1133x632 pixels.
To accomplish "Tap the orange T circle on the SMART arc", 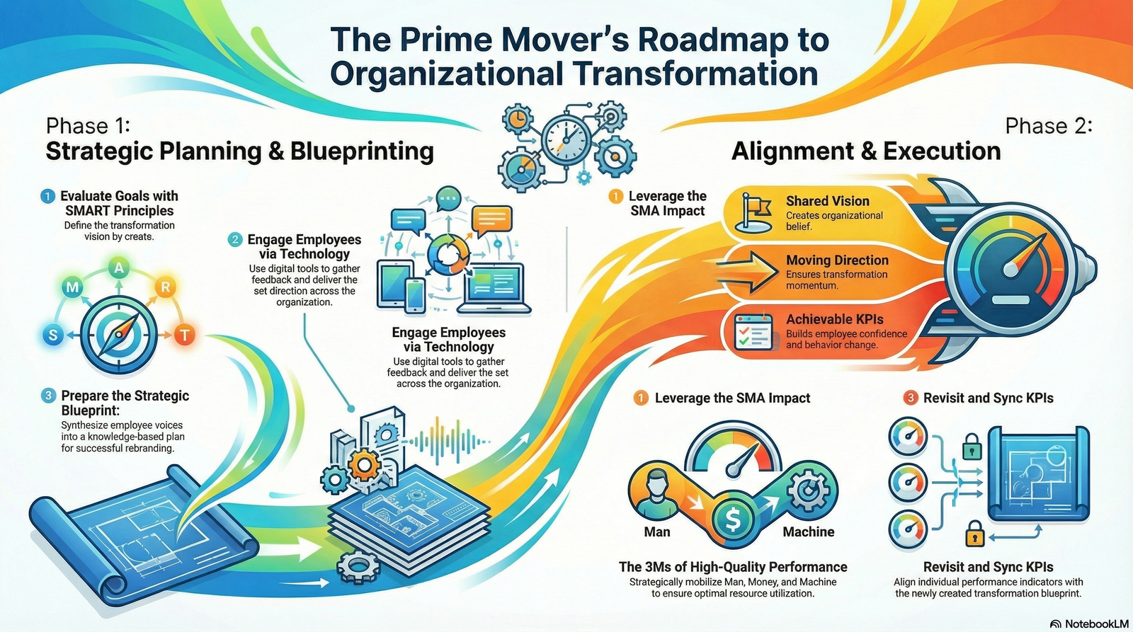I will pyautogui.click(x=184, y=334).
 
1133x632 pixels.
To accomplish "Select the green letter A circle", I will pyautogui.click(x=119, y=268).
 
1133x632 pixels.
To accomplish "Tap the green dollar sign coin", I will pyautogui.click(x=733, y=521).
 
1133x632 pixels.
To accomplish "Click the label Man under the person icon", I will pyautogui.click(x=656, y=532).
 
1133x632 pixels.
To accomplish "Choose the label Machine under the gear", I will pyautogui.click(x=808, y=532).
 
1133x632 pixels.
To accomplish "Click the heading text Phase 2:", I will pyautogui.click(x=1048, y=126).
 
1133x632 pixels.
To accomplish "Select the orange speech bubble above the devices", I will pyautogui.click(x=491, y=220).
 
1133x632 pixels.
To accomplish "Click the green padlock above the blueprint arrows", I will pyautogui.click(x=972, y=447).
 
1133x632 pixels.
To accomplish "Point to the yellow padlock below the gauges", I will pyautogui.click(x=975, y=533).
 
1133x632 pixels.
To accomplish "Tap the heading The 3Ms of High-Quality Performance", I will pyautogui.click(x=733, y=567).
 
